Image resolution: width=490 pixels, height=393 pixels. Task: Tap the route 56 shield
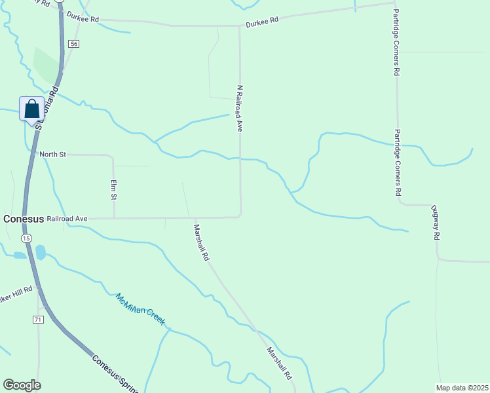(x=74, y=44)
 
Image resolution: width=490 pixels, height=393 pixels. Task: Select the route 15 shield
(x=25, y=238)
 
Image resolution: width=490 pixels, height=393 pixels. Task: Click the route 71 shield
(x=38, y=319)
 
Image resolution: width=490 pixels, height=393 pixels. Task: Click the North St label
(x=53, y=155)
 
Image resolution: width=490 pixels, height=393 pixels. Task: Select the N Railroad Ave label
(x=240, y=109)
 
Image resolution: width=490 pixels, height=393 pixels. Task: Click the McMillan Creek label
(x=140, y=309)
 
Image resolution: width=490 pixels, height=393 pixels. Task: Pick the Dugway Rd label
(x=434, y=223)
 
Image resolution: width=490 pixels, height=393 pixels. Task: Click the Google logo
(x=22, y=385)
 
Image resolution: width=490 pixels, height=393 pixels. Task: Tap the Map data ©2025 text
(x=461, y=388)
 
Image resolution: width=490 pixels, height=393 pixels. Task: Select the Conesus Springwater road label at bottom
(x=115, y=373)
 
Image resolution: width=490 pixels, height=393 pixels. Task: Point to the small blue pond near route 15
(x=41, y=252)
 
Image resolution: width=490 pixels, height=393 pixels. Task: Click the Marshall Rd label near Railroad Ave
(x=201, y=243)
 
